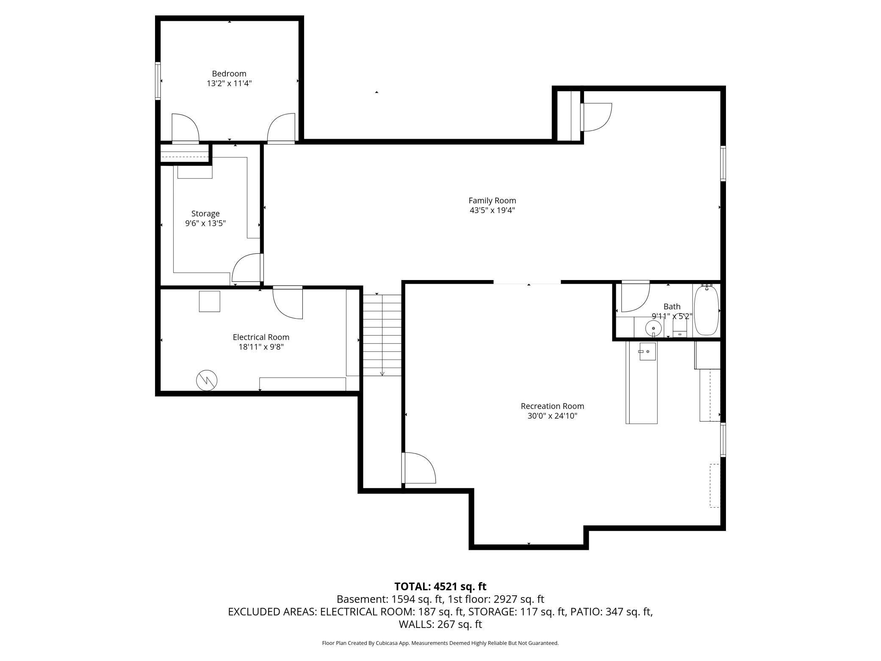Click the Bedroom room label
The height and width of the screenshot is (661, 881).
(229, 74)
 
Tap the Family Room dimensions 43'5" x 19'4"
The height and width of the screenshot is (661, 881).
(492, 210)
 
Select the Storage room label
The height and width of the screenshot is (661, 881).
(205, 214)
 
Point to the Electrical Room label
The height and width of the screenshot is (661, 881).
(261, 337)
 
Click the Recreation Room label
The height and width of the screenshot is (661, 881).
(552, 406)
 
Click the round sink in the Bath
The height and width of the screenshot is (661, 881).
(653, 328)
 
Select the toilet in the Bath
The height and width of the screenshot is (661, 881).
(680, 328)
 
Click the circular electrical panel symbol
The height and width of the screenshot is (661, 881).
(207, 380)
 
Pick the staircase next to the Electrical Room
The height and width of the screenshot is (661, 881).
(382, 335)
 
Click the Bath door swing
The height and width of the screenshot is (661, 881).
(635, 297)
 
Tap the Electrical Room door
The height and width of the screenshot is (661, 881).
(288, 303)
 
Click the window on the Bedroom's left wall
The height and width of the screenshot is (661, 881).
(158, 81)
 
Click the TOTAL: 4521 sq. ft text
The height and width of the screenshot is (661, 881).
(440, 586)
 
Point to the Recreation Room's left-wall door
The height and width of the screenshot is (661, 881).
(418, 468)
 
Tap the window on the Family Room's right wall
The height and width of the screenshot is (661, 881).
(723, 164)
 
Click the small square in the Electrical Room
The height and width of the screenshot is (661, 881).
(210, 301)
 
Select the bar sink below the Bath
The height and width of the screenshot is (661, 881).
(647, 351)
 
